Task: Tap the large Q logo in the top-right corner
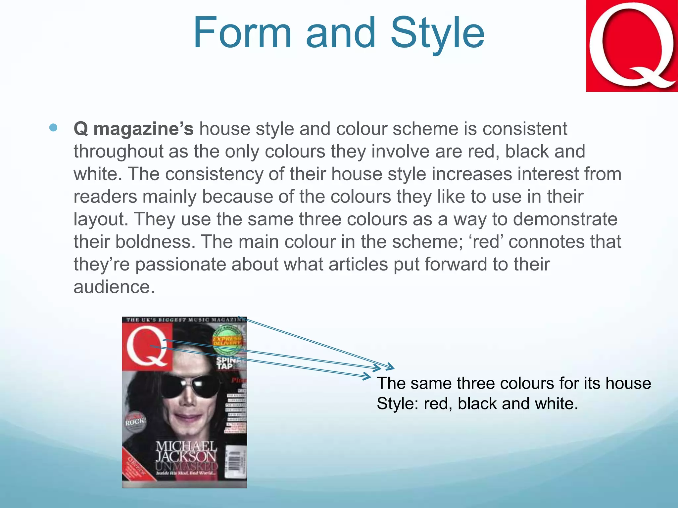(632, 46)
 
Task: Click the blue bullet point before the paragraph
(53, 128)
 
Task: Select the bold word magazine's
(143, 129)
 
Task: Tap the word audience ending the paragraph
(114, 287)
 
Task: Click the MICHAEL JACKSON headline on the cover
(186, 451)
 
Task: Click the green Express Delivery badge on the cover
(227, 339)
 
